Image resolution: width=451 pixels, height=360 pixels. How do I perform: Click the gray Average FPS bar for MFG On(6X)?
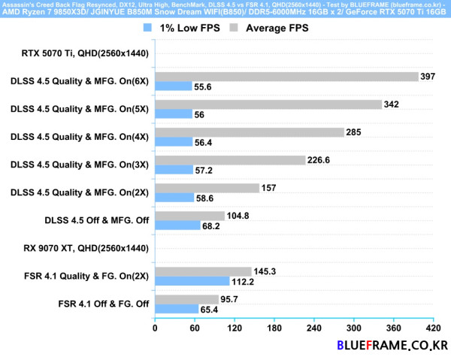(287, 77)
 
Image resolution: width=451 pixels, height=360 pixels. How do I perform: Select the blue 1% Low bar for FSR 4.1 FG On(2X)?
(192, 281)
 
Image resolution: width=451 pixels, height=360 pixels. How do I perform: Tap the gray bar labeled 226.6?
(231, 160)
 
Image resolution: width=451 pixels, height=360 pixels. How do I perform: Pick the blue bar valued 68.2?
(177, 225)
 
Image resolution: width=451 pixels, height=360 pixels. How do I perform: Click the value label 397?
(428, 77)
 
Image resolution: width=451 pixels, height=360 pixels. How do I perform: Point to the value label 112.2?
(243, 282)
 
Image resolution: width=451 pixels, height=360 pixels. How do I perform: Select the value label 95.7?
(229, 299)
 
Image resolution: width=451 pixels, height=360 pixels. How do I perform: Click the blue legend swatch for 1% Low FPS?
(147, 28)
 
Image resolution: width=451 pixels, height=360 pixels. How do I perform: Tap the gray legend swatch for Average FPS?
(234, 28)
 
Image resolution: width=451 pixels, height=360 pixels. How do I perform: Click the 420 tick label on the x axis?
(433, 328)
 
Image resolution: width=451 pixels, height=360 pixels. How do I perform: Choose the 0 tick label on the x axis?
(155, 328)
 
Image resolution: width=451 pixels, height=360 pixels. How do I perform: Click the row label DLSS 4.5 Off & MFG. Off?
(97, 220)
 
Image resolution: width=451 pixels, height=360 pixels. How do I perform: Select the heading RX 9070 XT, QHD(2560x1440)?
(86, 248)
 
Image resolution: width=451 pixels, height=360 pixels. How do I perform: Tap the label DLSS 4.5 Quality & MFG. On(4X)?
(80, 137)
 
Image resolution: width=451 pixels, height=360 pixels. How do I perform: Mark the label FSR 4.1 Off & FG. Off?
(104, 304)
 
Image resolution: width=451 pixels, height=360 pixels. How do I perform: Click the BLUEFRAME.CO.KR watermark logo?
(392, 345)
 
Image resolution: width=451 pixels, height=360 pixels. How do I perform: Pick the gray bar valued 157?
(207, 188)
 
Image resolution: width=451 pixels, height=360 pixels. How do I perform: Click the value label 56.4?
(203, 142)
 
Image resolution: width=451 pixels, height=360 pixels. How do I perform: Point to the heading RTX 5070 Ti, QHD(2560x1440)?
(85, 53)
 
